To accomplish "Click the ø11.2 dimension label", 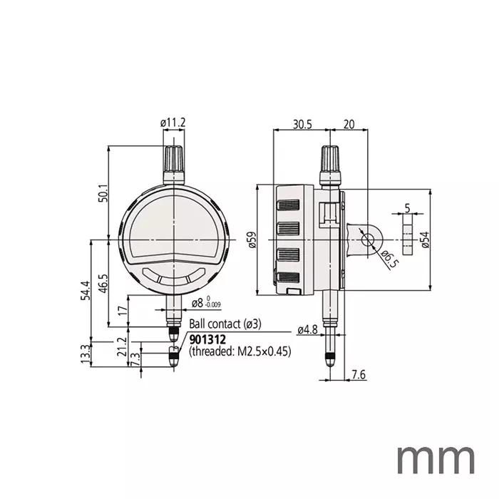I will (173, 123).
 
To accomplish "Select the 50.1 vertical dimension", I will (103, 192).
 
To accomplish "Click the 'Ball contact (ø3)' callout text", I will (225, 324).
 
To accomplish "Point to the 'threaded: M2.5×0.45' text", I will (240, 351).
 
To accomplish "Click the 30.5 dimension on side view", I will (302, 123).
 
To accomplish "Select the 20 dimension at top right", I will (349, 123).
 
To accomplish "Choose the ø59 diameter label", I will (250, 241).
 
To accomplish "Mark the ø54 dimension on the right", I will (426, 241).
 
